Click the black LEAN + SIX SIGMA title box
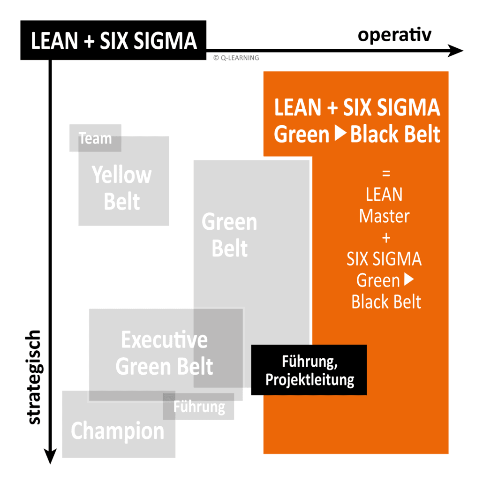113,41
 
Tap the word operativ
394,35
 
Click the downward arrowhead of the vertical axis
50,456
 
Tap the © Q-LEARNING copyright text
235,58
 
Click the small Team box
95,138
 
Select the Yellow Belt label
122,189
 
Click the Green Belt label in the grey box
229,235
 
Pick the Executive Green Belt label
164,353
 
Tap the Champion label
117,430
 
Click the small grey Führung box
199,407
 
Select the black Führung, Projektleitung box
309,370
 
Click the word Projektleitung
309,379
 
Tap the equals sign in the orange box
386,174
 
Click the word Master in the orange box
384,216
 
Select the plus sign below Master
386,238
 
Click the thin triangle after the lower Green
408,280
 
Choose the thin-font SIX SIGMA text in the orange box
384,259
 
